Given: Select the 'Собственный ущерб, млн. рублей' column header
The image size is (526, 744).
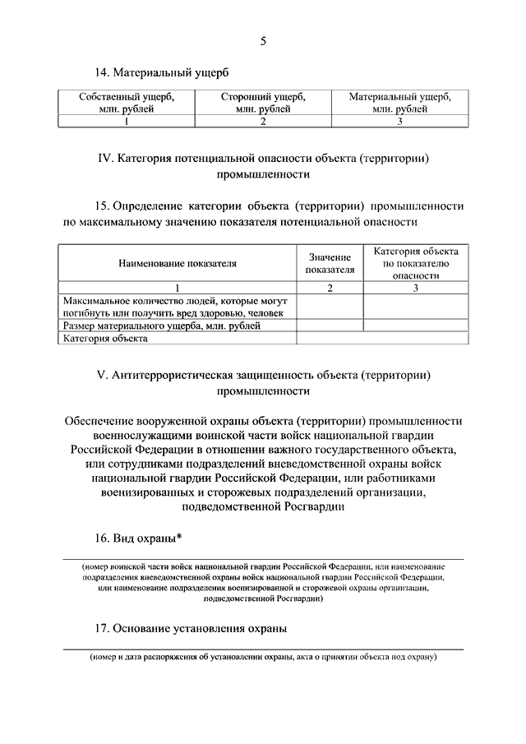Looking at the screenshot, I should [x=127, y=102].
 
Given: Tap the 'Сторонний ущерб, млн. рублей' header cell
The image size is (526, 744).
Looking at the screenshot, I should [x=263, y=102].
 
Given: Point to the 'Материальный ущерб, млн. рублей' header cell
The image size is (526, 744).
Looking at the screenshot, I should [x=400, y=102].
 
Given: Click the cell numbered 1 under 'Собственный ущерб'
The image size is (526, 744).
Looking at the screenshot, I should [x=127, y=122].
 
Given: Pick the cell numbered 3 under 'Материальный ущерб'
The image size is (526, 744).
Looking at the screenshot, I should [x=400, y=122].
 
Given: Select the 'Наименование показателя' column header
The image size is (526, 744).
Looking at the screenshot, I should [x=177, y=264].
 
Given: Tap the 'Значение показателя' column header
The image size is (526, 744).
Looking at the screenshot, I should [x=330, y=263].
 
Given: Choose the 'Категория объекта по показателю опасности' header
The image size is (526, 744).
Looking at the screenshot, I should [x=416, y=263].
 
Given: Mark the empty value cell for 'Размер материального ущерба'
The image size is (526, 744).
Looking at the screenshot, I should [x=330, y=326].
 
